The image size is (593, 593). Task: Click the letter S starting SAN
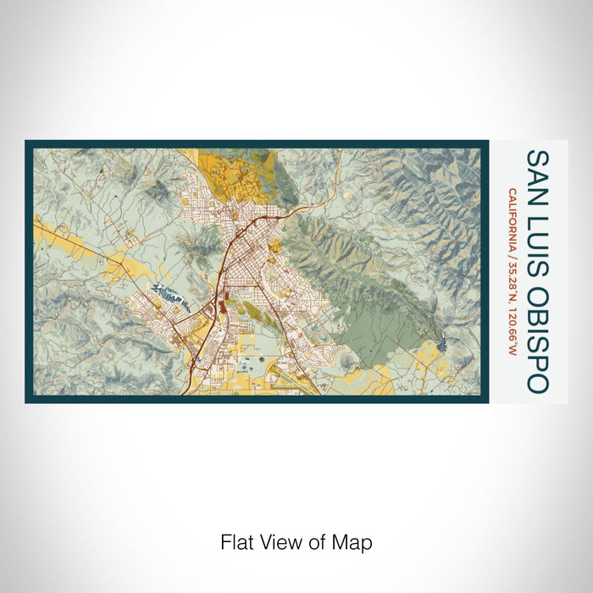point(537,158)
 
